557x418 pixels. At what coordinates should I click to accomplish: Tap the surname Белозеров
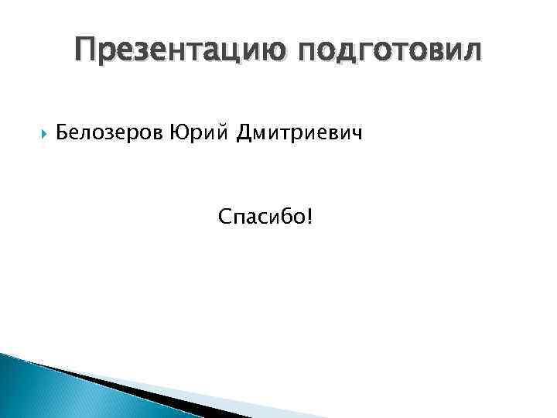click(x=110, y=135)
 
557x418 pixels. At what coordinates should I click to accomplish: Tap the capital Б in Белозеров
click(x=63, y=135)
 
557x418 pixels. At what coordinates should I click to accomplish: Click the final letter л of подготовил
click(x=470, y=51)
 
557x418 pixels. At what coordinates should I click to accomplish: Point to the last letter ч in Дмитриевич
click(x=356, y=135)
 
